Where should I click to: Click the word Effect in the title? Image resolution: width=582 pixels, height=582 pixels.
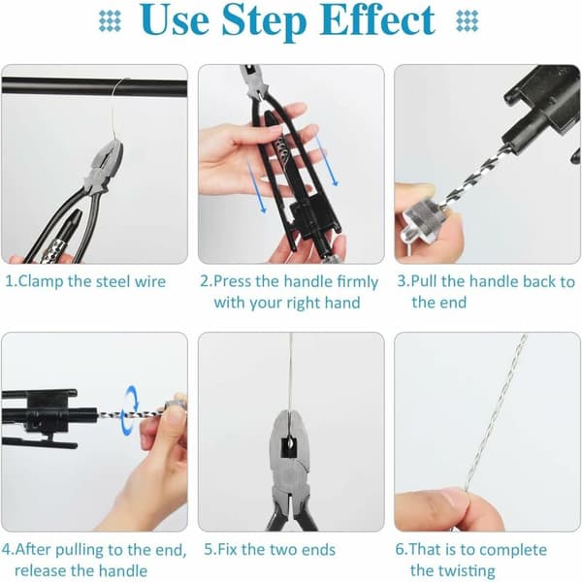tap(376, 20)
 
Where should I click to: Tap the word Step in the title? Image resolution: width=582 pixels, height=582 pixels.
tap(264, 21)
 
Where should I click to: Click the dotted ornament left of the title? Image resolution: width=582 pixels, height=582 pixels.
tap(110, 20)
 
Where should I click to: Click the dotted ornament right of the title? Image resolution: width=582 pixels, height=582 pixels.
tap(467, 20)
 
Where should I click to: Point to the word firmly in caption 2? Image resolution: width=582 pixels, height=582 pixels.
tap(357, 281)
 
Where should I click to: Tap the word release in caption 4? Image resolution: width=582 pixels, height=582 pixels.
tap(40, 570)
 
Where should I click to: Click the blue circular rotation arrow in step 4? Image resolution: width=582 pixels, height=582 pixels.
tap(130, 410)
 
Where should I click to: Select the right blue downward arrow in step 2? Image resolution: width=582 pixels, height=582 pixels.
tap(327, 160)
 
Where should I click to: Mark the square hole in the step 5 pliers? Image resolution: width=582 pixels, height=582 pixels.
tap(289, 447)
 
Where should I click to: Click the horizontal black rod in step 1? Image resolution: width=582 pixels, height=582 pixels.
tap(94, 87)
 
